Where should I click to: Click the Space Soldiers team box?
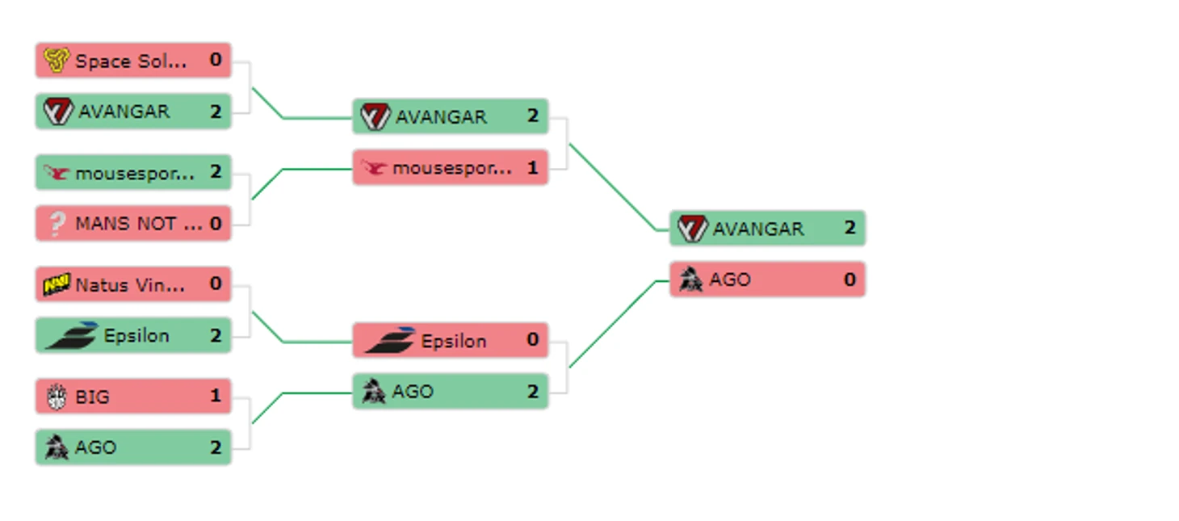pyautogui.click(x=133, y=61)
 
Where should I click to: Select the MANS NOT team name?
pyautogui.click(x=138, y=224)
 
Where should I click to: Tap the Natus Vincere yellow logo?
pyautogui.click(x=57, y=284)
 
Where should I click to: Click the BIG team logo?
pyautogui.click(x=57, y=397)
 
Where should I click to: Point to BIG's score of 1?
pyautogui.click(x=216, y=397)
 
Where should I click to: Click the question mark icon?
pyautogui.click(x=57, y=224)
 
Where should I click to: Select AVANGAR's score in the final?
pyautogui.click(x=850, y=229)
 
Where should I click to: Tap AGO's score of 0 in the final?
pyautogui.click(x=850, y=279)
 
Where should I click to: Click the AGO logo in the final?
pyautogui.click(x=690, y=279)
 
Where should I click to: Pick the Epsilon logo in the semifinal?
pyautogui.click(x=391, y=341)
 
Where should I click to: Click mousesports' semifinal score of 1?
pyautogui.click(x=532, y=168)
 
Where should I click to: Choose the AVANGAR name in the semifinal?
pyautogui.click(x=441, y=117)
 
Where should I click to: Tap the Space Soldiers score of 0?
pyautogui.click(x=216, y=61)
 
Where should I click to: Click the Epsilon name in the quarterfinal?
pyautogui.click(x=136, y=336)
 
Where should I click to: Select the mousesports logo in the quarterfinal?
pyautogui.click(x=57, y=173)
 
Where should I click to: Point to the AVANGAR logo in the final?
pyautogui.click(x=692, y=229)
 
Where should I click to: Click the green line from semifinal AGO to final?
pyautogui.click(x=614, y=323)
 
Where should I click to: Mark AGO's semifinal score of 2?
pyautogui.click(x=532, y=392)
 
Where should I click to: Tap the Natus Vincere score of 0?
pyautogui.click(x=216, y=284)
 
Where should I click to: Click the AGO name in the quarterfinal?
pyautogui.click(x=95, y=447)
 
